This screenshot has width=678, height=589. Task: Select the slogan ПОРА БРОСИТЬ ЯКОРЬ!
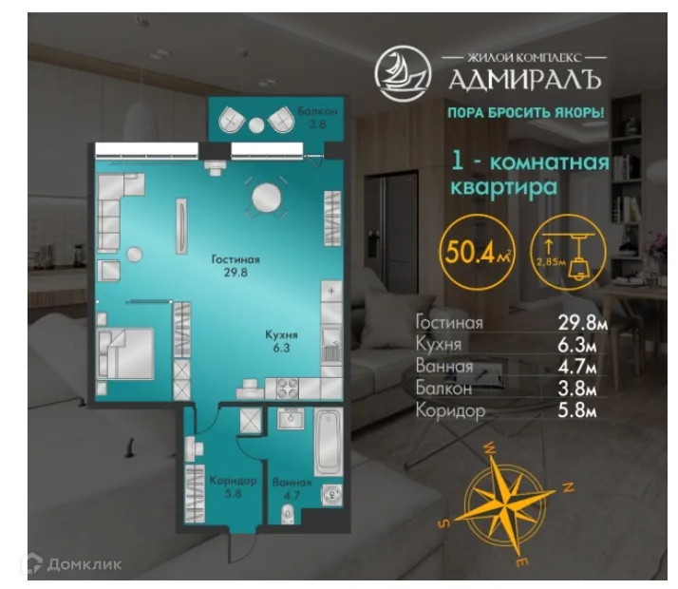tap(525, 114)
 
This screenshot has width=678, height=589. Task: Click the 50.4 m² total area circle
tap(470, 253)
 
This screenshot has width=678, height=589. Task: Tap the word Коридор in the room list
tap(450, 411)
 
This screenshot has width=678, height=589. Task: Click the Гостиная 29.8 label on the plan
tap(235, 265)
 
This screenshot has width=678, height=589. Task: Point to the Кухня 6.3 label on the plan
tap(282, 341)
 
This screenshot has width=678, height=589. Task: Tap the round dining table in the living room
tap(266, 198)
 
